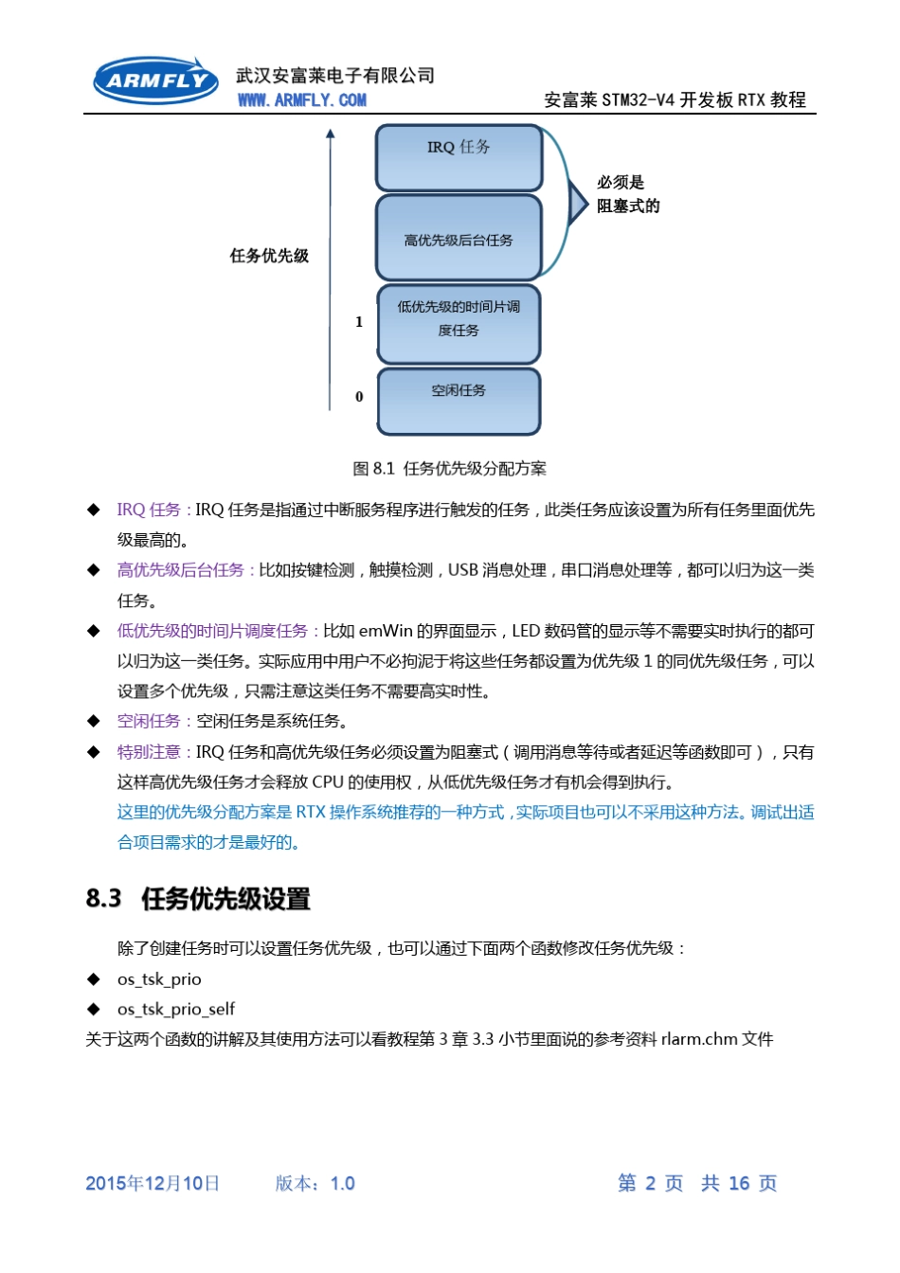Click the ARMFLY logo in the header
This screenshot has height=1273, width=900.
click(155, 81)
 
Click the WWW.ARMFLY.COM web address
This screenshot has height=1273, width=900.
click(301, 100)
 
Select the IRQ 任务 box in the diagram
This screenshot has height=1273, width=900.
click(459, 157)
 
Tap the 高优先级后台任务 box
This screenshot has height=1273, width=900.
click(459, 239)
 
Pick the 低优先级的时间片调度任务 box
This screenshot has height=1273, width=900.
click(459, 323)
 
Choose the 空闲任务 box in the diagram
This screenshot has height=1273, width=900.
click(459, 402)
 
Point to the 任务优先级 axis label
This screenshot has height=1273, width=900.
click(269, 256)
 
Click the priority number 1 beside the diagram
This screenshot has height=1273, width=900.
click(359, 322)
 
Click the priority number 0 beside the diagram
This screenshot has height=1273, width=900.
click(359, 397)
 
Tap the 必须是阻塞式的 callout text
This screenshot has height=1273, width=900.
click(627, 194)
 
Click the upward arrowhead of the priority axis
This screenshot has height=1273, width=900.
click(331, 134)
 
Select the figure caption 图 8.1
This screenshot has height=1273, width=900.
click(449, 469)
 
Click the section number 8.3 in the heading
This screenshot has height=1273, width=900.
click(103, 898)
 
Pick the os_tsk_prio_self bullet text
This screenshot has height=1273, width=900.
click(176, 1009)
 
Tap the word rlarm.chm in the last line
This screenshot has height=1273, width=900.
click(699, 1039)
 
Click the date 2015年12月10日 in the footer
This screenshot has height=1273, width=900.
click(153, 1183)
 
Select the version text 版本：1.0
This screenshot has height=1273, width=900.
click(315, 1183)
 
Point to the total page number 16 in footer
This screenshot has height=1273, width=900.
click(739, 1183)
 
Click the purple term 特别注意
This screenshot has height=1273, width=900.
click(149, 752)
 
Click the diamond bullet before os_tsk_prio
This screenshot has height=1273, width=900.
click(94, 978)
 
